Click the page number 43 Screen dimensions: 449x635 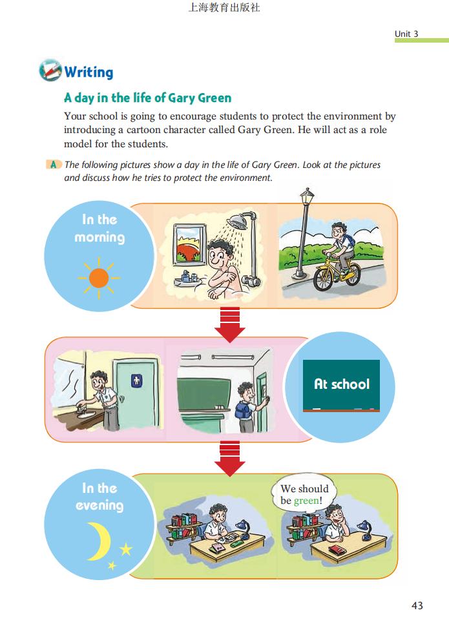[417, 605]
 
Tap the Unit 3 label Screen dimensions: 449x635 [406, 34]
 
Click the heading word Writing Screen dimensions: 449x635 [89, 72]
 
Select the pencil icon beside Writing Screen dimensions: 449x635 [50, 70]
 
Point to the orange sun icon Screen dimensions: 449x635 [99, 278]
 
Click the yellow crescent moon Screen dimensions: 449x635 [99, 541]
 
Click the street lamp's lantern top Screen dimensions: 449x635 [308, 196]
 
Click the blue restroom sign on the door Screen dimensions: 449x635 [136, 380]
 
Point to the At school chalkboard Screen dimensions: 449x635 [341, 386]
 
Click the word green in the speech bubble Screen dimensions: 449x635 [306, 501]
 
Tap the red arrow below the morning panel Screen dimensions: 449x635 [230, 325]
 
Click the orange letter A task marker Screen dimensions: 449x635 [54, 165]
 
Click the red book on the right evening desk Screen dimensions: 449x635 [337, 550]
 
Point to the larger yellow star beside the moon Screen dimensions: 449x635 [126, 549]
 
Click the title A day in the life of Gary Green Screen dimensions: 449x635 [148, 98]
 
